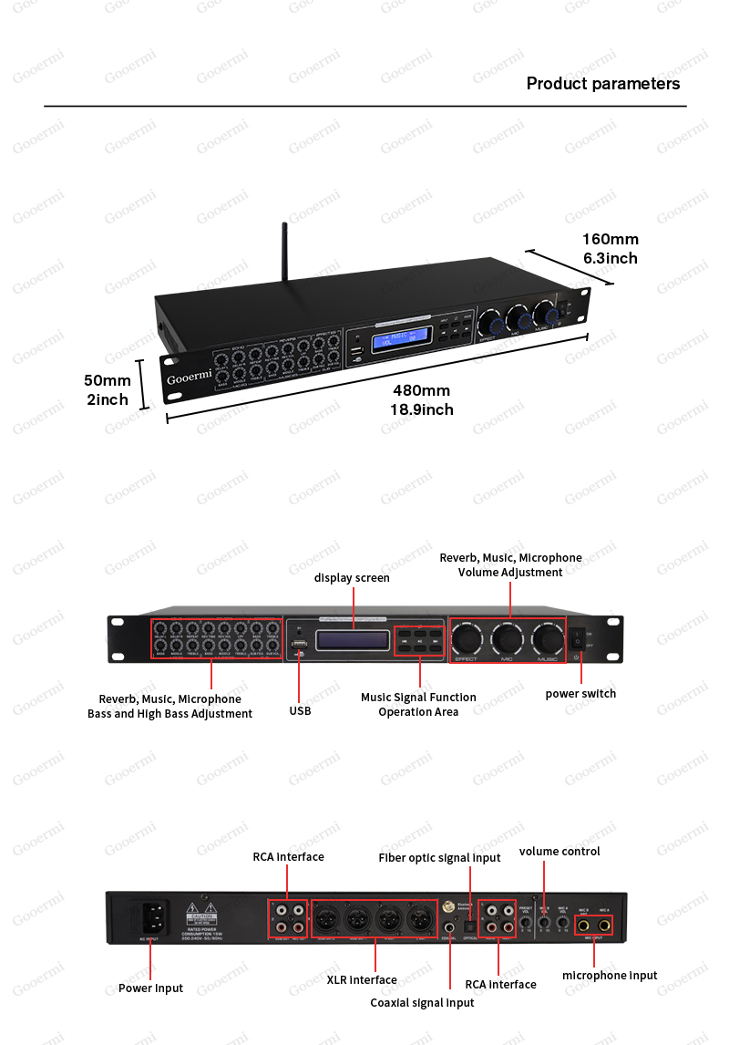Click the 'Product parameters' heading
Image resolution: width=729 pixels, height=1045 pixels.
pos(602,84)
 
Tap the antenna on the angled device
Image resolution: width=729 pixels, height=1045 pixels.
pos(283,254)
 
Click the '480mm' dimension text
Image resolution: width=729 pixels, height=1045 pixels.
pos(421,390)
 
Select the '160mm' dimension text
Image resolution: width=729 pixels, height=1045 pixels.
pos(610,240)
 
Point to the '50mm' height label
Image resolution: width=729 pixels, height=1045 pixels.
pos(108,380)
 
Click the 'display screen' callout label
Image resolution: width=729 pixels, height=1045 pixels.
pos(352,578)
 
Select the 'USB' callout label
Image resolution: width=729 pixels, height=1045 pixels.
pos(300,710)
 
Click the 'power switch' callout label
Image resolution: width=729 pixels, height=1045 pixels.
pos(580,694)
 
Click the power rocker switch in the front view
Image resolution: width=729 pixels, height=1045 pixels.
pos(577,639)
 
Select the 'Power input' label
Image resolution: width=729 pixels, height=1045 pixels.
pos(150,988)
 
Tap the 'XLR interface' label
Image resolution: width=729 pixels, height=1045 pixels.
pos(362,980)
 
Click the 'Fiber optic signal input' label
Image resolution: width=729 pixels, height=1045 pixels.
pos(439,858)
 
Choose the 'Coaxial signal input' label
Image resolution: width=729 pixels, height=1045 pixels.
pos(422,1003)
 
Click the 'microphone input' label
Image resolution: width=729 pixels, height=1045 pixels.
pos(610,976)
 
